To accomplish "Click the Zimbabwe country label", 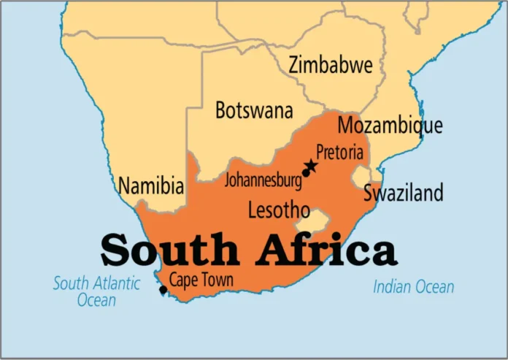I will coord(331,65).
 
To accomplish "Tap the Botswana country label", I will coord(254,110).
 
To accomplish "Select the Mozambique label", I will coord(390,125).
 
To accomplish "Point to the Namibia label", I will coord(151,185).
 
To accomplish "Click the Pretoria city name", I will coord(339,152).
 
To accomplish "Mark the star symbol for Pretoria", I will coord(312,166).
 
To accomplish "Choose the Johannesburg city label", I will coord(263,179).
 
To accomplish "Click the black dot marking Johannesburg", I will coord(306,173).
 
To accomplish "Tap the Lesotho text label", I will coord(279,210).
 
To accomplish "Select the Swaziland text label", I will coord(404,193).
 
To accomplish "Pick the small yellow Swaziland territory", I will coord(361,177).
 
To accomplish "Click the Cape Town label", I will coord(201,280).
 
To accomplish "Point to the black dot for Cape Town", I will coord(163,291).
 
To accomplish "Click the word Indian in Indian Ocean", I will coord(392,287).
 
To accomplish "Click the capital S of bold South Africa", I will coord(117,250).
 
